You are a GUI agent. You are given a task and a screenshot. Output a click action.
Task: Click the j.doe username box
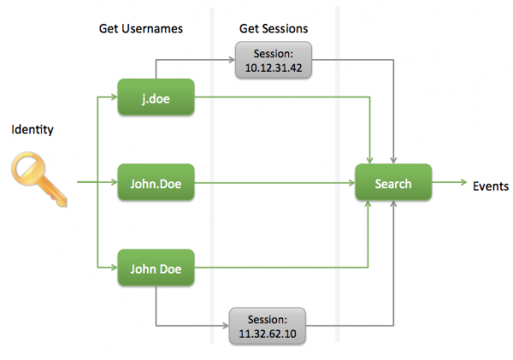156,97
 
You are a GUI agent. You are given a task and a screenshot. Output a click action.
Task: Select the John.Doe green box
156,182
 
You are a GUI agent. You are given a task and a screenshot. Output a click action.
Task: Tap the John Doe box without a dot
156,268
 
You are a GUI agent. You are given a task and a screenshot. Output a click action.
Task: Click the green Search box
393,182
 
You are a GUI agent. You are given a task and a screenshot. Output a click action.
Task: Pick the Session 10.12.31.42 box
274,60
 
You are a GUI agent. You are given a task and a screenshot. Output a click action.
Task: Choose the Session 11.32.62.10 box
268,326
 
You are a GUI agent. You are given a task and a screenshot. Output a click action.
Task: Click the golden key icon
39,179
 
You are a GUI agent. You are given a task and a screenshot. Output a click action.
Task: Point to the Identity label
32,130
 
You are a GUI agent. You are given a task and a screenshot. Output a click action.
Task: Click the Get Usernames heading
141,29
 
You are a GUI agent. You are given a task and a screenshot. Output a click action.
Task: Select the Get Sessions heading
274,29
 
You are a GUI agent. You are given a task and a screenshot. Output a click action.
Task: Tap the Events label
491,186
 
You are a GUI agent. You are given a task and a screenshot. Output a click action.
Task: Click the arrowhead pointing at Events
464,182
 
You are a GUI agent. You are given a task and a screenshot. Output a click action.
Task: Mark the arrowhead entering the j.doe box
115,97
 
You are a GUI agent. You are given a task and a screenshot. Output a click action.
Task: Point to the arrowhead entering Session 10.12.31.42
232,60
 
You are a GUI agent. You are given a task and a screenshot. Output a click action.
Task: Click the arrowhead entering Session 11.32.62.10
226,326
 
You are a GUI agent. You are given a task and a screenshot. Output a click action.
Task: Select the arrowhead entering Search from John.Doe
351,183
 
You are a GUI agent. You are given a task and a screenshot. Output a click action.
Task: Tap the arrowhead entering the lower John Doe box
115,268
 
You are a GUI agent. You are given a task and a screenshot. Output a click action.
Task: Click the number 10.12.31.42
274,68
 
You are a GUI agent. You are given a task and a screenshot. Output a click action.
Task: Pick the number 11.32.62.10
268,333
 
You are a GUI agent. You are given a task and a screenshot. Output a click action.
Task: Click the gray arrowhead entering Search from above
393,161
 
